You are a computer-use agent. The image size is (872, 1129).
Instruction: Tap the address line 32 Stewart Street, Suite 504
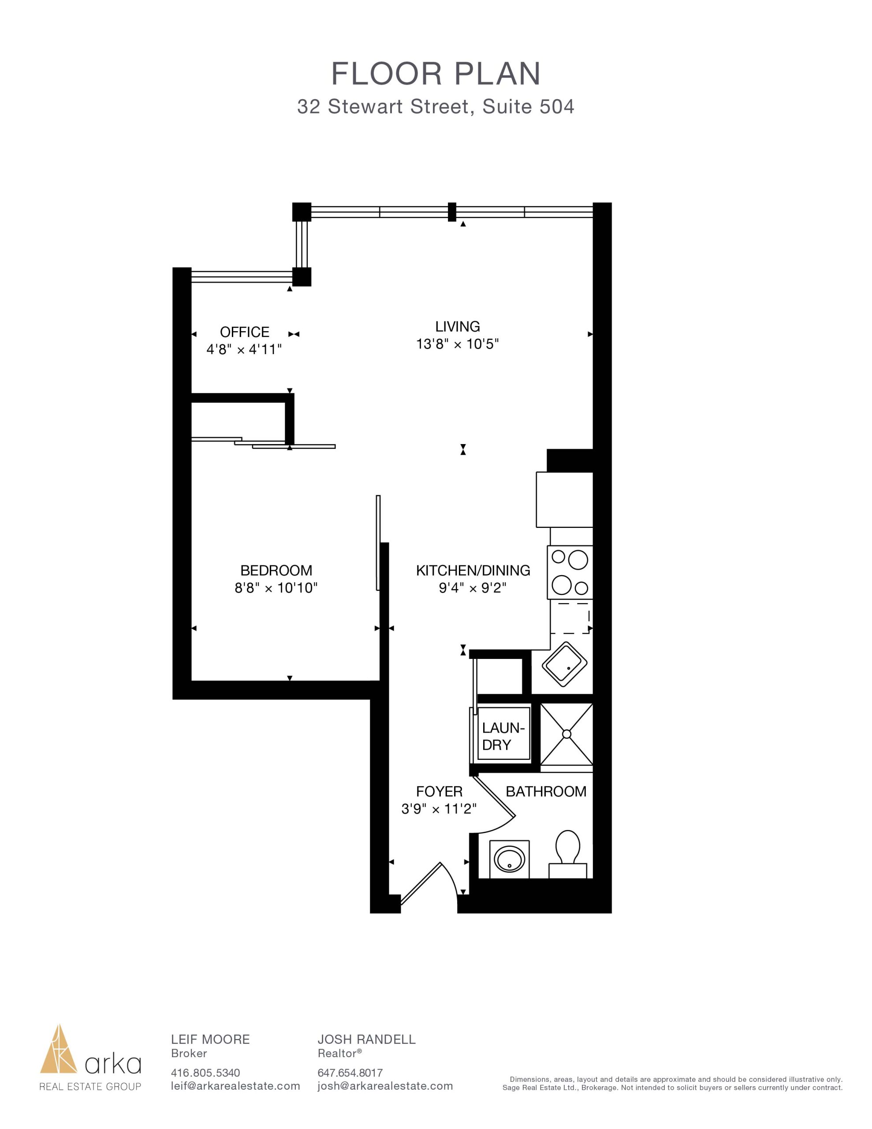click(x=436, y=106)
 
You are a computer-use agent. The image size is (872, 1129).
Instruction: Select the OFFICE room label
click(x=245, y=332)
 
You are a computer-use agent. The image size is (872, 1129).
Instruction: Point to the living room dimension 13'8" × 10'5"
click(x=458, y=344)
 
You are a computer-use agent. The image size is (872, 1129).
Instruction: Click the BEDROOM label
click(x=276, y=571)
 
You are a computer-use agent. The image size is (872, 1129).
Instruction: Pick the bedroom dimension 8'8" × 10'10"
click(x=276, y=588)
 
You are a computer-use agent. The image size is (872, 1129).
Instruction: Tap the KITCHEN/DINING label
click(x=473, y=571)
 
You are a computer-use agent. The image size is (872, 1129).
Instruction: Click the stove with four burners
click(x=570, y=573)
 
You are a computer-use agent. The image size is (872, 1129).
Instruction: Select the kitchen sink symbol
click(x=564, y=664)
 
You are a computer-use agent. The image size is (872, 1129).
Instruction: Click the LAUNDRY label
click(x=503, y=736)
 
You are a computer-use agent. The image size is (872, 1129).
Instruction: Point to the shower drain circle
click(x=566, y=734)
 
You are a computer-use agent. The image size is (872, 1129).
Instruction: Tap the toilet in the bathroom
click(x=567, y=853)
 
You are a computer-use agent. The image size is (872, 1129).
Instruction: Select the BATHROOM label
click(x=546, y=792)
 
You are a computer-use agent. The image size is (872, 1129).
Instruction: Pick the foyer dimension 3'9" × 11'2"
click(x=439, y=809)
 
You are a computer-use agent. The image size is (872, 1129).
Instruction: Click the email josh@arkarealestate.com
click(x=385, y=1086)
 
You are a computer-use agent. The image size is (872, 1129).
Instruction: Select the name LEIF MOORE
click(x=210, y=1039)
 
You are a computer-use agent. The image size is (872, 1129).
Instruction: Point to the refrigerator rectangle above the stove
click(x=564, y=499)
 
